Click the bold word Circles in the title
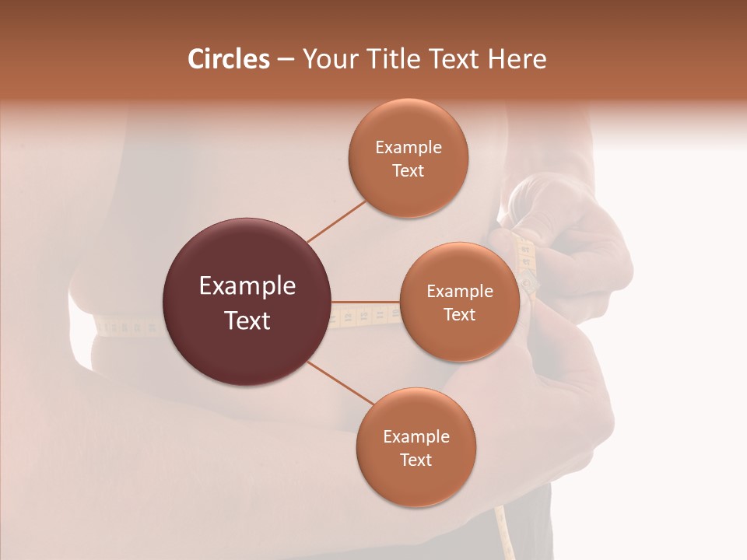tap(228, 59)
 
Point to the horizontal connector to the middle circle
tap(366, 302)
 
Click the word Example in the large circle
tap(247, 286)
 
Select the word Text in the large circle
tap(247, 320)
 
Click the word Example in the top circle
tap(408, 148)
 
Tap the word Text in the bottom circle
tap(416, 460)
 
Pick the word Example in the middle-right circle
tap(459, 292)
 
